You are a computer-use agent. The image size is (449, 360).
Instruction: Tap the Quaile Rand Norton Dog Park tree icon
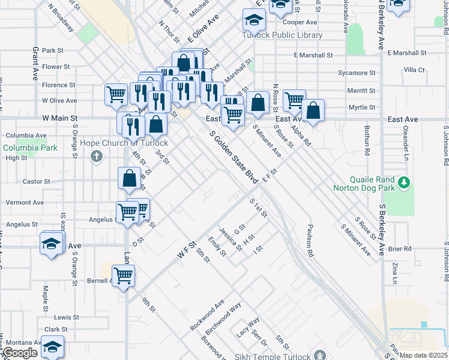coord(405,182)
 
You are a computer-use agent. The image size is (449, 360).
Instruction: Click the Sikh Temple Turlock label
coord(279,356)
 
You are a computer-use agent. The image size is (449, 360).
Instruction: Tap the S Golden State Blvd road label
coord(234,157)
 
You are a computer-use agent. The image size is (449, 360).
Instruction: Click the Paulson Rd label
coord(310,240)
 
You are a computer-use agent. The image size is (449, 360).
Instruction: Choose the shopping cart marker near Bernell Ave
coord(123,276)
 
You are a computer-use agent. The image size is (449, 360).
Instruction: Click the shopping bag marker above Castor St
coord(130,178)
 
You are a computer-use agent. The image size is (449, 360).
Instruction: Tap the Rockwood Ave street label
coord(206,315)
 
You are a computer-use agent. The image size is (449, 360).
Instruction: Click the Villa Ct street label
coord(414,70)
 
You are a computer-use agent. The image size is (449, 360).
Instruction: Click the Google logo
coord(20,353)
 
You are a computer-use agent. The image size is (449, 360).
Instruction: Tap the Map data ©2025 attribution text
coord(423,355)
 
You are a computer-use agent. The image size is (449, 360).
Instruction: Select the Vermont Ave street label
coord(25,203)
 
